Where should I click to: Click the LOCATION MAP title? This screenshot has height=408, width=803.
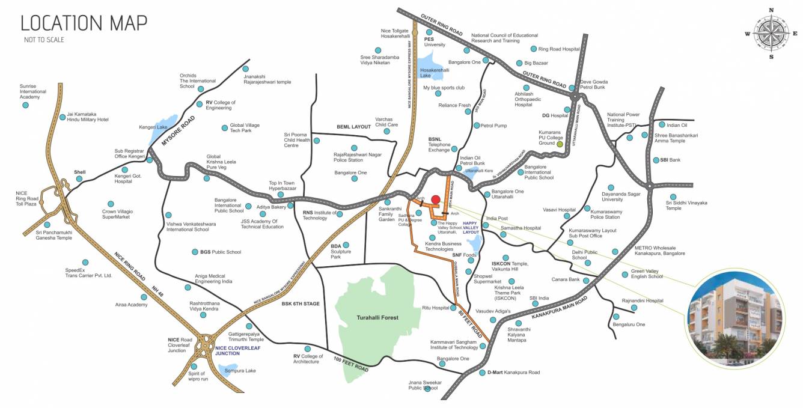point(84,23)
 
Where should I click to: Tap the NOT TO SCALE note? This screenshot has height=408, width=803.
point(44,40)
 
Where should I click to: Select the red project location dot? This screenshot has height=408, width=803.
point(436,199)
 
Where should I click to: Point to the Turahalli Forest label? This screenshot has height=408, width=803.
point(377,317)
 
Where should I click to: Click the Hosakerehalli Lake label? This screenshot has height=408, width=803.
point(435,73)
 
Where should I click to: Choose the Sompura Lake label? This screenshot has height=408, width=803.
point(240,371)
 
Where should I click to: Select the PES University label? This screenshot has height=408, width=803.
point(435,41)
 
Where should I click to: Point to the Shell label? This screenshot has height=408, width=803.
point(80,172)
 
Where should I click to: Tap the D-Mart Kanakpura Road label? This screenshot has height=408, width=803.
point(513,373)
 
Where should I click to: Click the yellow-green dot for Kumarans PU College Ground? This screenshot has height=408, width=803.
point(560,144)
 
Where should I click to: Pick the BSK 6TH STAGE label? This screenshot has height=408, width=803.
point(301,303)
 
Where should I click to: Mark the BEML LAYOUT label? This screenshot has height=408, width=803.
point(353,127)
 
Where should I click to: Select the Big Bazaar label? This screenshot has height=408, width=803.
point(536,62)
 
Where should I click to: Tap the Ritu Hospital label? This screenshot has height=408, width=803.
point(436,308)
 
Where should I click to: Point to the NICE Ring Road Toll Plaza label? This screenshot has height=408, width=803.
point(27,198)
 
